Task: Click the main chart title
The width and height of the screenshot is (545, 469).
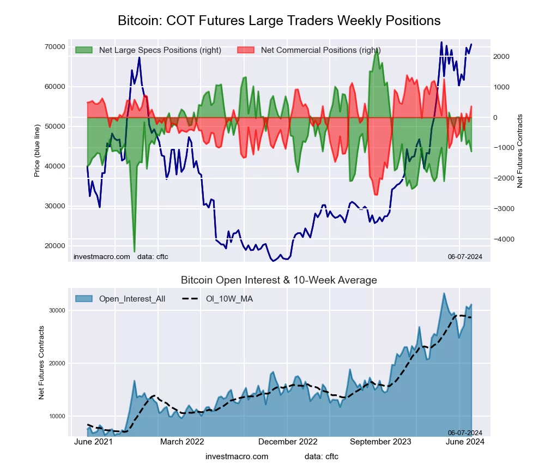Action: tap(279, 21)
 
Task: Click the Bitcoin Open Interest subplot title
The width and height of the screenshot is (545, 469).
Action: tap(279, 280)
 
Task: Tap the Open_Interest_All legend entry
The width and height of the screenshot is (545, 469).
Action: tap(132, 298)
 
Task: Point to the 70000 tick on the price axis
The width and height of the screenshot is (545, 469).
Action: tap(55, 46)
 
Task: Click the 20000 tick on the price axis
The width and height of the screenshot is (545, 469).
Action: tap(55, 245)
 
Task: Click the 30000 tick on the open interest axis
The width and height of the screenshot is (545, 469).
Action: tap(57, 310)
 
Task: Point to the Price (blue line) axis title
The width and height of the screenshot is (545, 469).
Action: tap(37, 151)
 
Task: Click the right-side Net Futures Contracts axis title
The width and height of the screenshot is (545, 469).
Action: tap(520, 151)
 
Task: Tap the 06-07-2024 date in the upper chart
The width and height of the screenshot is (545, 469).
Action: tap(465, 257)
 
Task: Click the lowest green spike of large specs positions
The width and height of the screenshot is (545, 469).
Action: tap(134, 251)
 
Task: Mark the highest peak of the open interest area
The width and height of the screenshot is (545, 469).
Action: tap(444, 293)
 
